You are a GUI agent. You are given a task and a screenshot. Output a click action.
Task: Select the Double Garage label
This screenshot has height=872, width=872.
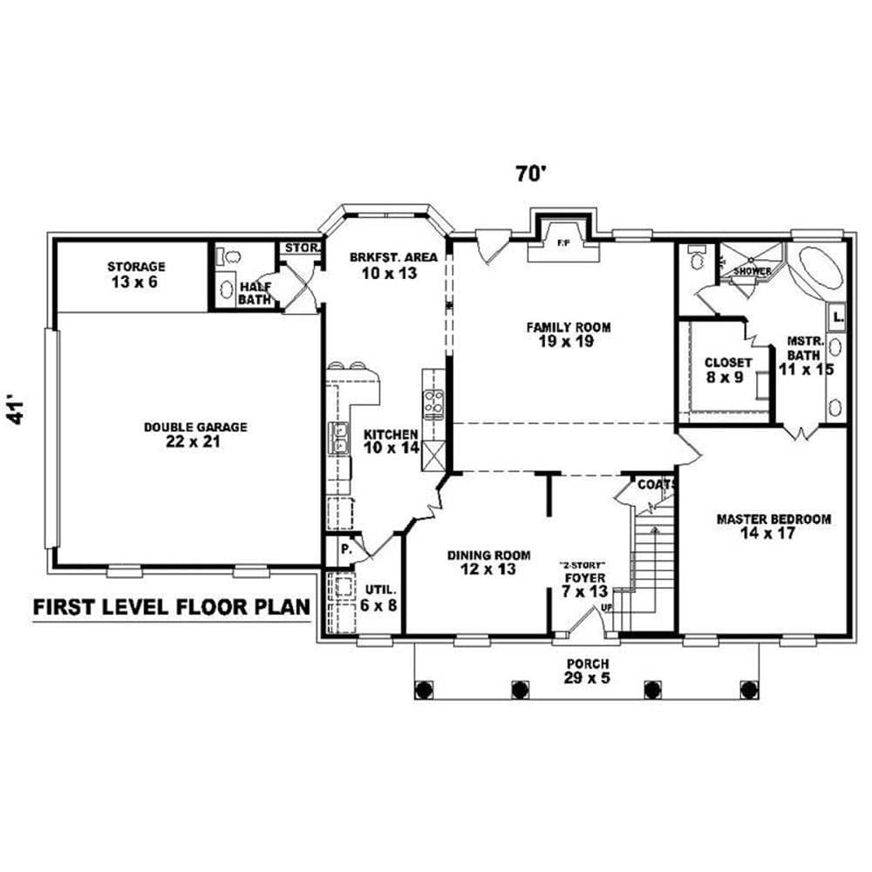coord(195,434)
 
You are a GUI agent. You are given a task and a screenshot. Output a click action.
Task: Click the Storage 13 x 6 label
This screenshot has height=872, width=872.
coord(136,274)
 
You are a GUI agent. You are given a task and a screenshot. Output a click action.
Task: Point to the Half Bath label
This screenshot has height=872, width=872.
coord(255,293)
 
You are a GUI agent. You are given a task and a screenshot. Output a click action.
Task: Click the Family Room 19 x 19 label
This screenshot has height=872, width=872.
coord(568,334)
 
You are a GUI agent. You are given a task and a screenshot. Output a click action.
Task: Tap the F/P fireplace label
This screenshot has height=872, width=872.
coord(562,244)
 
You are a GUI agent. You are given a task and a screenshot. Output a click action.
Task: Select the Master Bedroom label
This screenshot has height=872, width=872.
coord(773,526)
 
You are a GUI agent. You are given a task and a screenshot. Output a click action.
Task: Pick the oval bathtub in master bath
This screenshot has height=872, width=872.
coord(817,269)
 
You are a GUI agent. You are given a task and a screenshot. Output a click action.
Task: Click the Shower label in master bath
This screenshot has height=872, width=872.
coord(752,271)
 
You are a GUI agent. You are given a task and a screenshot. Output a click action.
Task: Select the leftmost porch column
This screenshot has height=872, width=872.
coord(425,689)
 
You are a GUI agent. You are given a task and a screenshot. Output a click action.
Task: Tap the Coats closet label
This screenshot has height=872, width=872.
coord(653,484)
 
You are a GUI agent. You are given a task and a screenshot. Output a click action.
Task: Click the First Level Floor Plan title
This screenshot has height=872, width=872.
coord(171,608)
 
